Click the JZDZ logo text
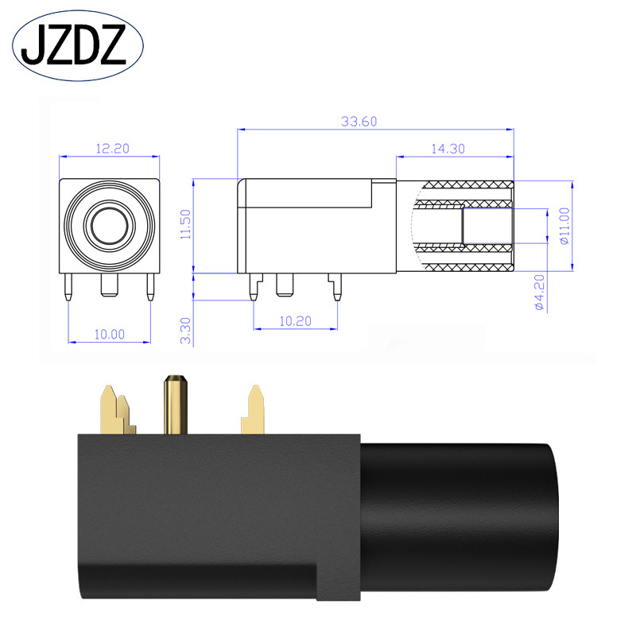74,45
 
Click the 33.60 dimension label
359,122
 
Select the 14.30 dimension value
448,149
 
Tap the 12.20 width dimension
112,149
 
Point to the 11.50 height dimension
185,224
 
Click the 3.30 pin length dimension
185,331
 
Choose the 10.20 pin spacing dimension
295,321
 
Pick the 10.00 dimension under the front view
110,334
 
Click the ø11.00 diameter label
564,226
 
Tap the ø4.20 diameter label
540,292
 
